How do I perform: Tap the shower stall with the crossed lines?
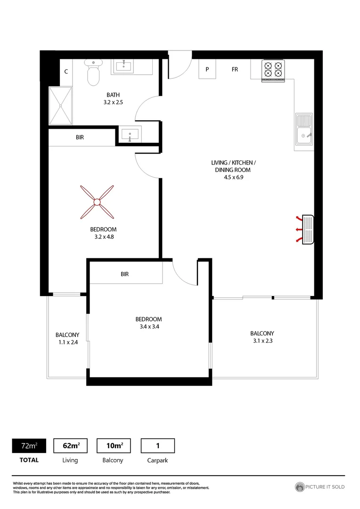coord(60,106)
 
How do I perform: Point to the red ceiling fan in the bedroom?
coord(97,202)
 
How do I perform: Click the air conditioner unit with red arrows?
coord(307,230)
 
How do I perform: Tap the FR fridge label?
coord(234,70)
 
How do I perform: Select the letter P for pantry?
coord(207,70)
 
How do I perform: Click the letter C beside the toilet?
coord(66,72)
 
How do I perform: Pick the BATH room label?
coord(113,95)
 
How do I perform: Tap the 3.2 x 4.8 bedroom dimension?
coord(103,237)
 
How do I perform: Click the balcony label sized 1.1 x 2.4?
coord(67,339)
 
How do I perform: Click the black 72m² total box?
coord(29,445)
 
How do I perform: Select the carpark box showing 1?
coord(157,445)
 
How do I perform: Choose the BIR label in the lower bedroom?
coord(124,274)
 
